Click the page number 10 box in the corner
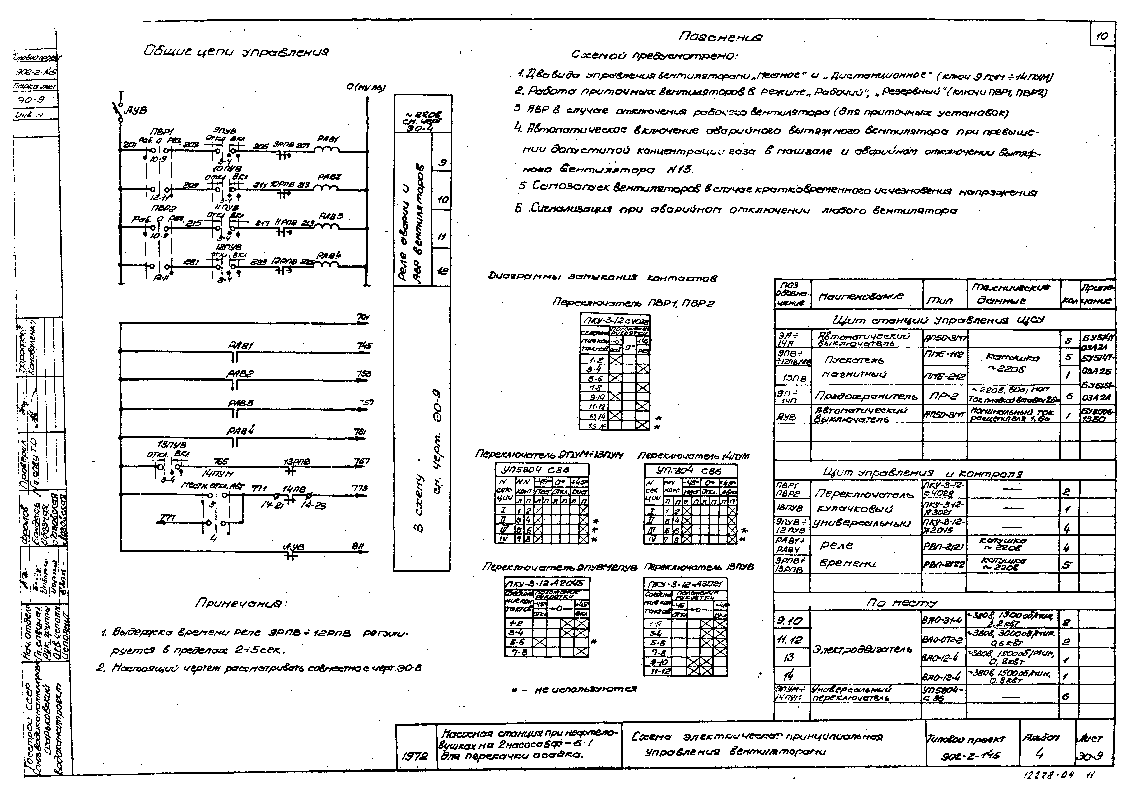(x=1102, y=36)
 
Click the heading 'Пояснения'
(x=720, y=37)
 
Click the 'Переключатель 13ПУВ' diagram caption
(x=698, y=568)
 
